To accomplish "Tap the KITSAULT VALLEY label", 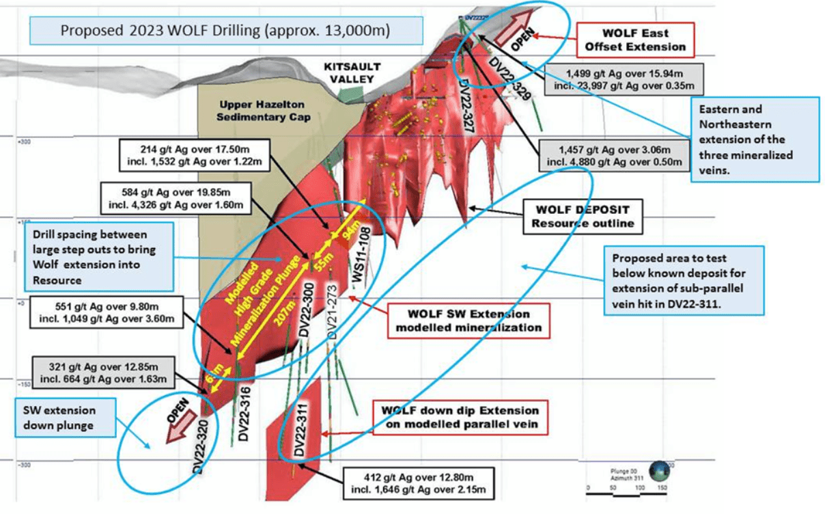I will [353, 72].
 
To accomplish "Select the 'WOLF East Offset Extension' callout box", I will [634, 40].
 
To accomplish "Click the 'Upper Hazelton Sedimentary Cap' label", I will [265, 111].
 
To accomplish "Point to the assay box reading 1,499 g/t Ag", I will [622, 79].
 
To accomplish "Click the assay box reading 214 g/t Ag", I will [194, 155].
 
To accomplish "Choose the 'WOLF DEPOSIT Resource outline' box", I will [583, 216].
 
